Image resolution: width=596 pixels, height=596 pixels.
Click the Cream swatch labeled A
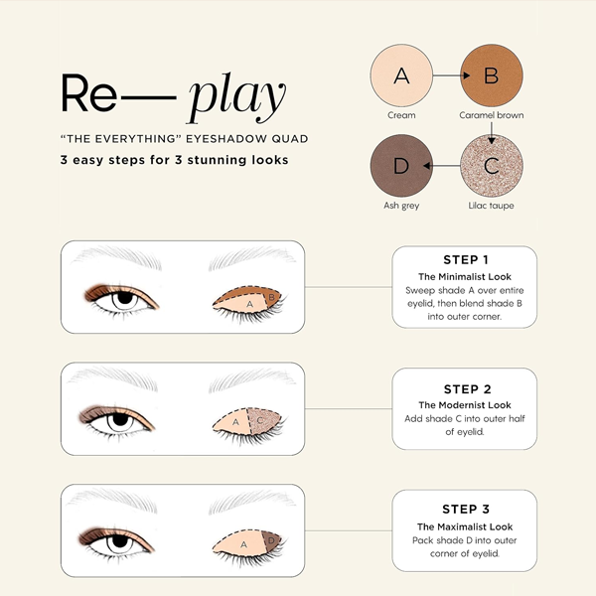click(401, 75)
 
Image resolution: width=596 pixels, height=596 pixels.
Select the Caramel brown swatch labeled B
click(492, 75)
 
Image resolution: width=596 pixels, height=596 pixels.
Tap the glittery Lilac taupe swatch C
click(492, 165)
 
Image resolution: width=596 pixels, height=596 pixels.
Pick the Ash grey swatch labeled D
click(401, 165)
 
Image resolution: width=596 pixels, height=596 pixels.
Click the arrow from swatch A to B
click(452, 75)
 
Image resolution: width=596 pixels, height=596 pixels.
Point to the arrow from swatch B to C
click(492, 133)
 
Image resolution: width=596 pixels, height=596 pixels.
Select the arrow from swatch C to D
click(442, 166)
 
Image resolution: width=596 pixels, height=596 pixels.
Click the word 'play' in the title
click(236, 97)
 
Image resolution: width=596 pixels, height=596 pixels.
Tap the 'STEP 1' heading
click(466, 259)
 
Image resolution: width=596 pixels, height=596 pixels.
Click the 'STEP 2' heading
click(467, 389)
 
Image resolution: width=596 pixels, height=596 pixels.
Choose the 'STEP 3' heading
click(466, 509)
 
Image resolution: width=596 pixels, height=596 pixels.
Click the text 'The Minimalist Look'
click(465, 277)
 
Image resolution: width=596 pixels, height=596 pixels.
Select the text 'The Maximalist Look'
click(465, 526)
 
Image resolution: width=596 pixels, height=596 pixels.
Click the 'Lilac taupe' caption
click(491, 206)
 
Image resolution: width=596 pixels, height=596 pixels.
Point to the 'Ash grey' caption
click(401, 206)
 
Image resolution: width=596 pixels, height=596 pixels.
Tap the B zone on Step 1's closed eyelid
click(272, 297)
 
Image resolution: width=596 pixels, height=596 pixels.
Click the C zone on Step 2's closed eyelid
click(262, 421)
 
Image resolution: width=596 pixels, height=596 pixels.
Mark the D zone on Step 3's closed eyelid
click(271, 541)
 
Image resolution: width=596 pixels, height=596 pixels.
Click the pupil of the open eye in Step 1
click(124, 297)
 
